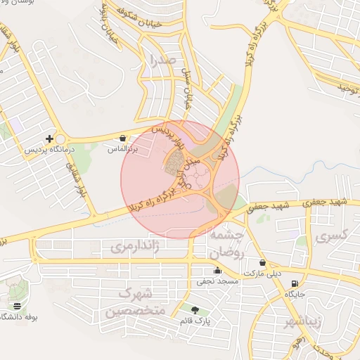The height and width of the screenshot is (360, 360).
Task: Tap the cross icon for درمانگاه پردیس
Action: pyautogui.click(x=49, y=139)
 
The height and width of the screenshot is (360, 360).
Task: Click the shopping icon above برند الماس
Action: pyautogui.click(x=124, y=139)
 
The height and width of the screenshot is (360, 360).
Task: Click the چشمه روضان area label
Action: pyautogui.click(x=225, y=243)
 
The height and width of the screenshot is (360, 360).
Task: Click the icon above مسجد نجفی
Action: pyautogui.click(x=217, y=271)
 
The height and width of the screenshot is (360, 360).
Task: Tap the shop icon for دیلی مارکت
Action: pyautogui.click(x=262, y=262)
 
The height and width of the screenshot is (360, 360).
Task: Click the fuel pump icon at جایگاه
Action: pyautogui.click(x=294, y=283)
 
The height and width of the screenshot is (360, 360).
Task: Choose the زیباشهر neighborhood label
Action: pyautogui.click(x=302, y=323)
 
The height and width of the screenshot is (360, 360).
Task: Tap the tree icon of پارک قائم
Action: pyautogui.click(x=195, y=309)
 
